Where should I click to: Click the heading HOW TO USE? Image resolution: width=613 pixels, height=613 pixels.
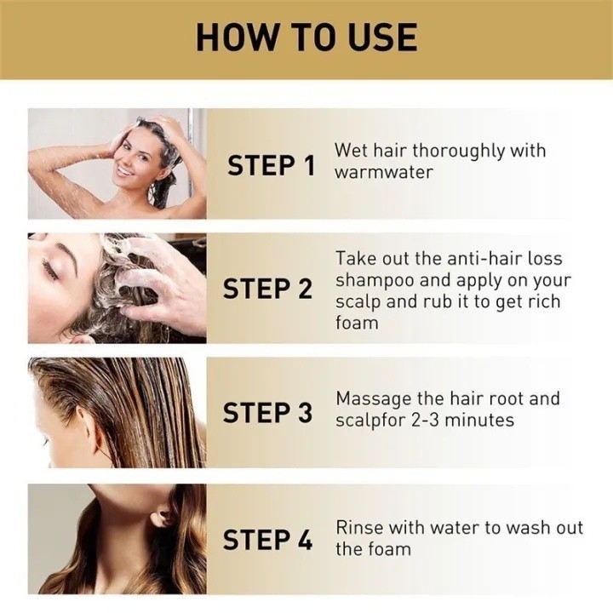coord(306,37)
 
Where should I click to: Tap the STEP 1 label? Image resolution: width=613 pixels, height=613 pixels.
coord(271,165)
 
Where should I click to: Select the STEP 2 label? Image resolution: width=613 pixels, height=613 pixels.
coord(267,289)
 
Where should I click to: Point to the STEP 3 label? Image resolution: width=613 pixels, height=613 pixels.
coord(267,412)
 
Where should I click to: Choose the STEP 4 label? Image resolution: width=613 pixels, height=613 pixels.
coord(267,540)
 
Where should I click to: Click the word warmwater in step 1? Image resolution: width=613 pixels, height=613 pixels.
coord(384,172)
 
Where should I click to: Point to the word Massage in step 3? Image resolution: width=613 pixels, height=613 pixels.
coord(373,399)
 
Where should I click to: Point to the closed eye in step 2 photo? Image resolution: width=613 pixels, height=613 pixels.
coord(50,269)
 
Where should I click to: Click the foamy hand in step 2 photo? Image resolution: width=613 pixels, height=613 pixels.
coord(157,282)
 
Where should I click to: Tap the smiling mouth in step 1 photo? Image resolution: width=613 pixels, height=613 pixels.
coord(125,171)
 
